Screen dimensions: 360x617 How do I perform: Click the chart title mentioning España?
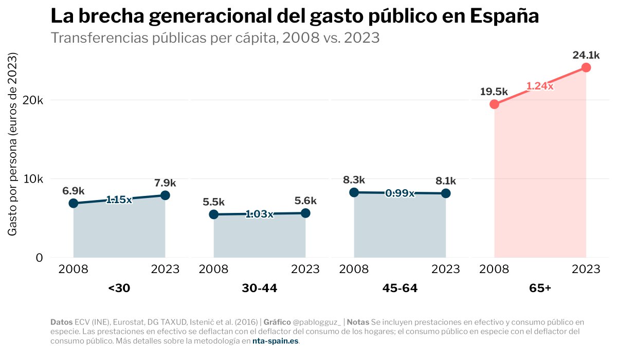295,16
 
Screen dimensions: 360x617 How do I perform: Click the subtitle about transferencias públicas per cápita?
215,38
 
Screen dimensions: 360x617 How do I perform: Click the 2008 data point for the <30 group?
74,203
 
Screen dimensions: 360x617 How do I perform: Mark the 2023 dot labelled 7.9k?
165,195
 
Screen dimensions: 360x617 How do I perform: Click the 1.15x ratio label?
119,200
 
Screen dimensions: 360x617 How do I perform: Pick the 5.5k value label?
213,202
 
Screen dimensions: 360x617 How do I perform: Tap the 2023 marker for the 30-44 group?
305,213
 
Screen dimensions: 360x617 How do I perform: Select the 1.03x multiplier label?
260,214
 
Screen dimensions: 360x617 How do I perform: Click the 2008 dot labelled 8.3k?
354,192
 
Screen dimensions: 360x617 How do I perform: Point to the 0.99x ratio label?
400,193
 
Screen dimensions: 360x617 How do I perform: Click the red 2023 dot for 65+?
586,68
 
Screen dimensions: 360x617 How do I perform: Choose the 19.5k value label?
494,92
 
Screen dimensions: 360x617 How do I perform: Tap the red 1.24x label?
539,86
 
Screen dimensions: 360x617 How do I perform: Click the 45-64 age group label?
400,289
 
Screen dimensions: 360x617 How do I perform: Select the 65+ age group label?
540,289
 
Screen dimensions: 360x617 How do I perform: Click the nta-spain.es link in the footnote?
275,341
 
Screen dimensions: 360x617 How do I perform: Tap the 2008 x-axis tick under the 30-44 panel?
213,269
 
